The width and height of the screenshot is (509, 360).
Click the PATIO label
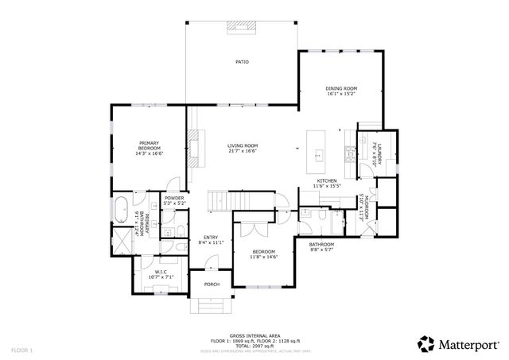tap(242, 61)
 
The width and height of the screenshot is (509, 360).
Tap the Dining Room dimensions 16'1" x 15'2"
tap(340, 94)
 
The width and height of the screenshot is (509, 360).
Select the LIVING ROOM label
tap(243, 145)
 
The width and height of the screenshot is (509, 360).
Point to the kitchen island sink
tap(321, 153)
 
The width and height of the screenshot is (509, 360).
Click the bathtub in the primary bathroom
tap(121, 211)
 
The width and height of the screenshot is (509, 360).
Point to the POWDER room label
tap(174, 199)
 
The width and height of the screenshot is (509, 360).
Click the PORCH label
tap(212, 284)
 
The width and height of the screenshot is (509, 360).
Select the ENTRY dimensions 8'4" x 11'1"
tap(211, 242)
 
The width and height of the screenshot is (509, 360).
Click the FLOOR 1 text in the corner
tap(21, 349)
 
